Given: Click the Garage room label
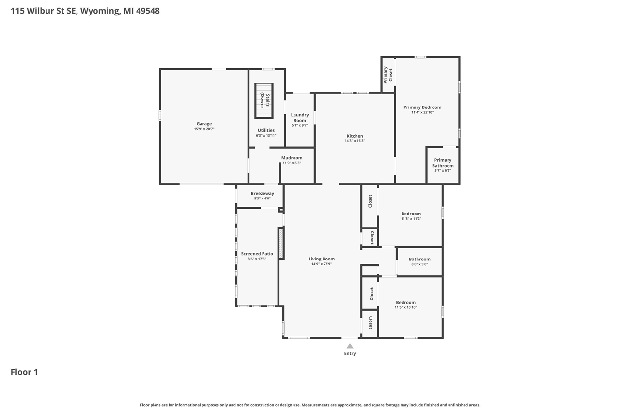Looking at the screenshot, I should tap(204, 124).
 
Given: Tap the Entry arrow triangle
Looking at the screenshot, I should tap(350, 346).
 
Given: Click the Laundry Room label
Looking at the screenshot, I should tap(300, 118).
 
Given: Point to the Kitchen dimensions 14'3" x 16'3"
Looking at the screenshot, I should tap(355, 141).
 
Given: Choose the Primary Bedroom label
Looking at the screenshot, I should tap(422, 107).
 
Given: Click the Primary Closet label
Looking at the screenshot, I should tap(388, 75).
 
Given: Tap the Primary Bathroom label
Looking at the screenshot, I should tap(443, 163).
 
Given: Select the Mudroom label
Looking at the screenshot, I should tap(292, 157).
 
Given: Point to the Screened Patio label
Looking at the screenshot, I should tap(257, 254).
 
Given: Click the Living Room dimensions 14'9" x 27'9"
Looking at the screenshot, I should tap(322, 264).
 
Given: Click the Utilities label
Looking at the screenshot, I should tap(266, 130).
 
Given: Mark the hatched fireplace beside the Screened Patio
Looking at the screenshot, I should tap(280, 243).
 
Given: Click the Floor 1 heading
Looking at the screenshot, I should tap(24, 372).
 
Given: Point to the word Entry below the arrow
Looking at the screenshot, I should tap(350, 353).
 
